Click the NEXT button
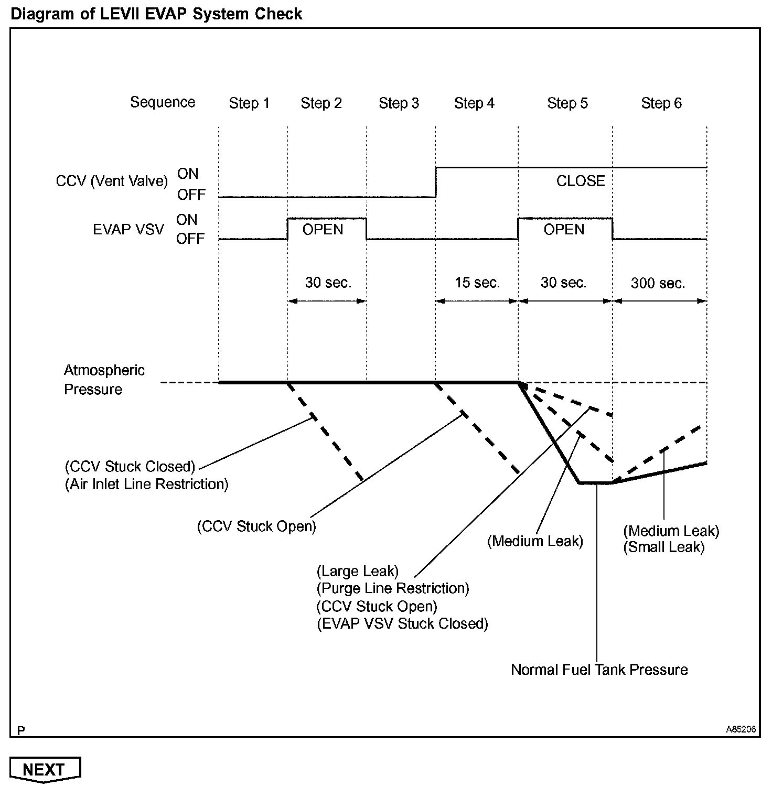(45, 769)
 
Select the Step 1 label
(249, 103)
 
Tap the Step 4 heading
(474, 103)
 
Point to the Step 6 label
(661, 103)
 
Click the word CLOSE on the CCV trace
(581, 181)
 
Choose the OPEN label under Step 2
(323, 230)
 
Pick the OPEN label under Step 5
(564, 230)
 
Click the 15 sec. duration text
(477, 283)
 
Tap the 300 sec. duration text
(658, 283)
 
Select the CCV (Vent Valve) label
(112, 181)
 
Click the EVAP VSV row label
(128, 230)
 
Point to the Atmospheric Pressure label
(104, 380)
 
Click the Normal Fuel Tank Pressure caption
(599, 670)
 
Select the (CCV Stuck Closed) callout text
(130, 467)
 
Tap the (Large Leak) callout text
(358, 571)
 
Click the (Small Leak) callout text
(664, 547)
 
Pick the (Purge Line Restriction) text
(393, 588)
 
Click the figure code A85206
(741, 729)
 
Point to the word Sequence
(163, 102)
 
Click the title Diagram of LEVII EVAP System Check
(156, 14)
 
